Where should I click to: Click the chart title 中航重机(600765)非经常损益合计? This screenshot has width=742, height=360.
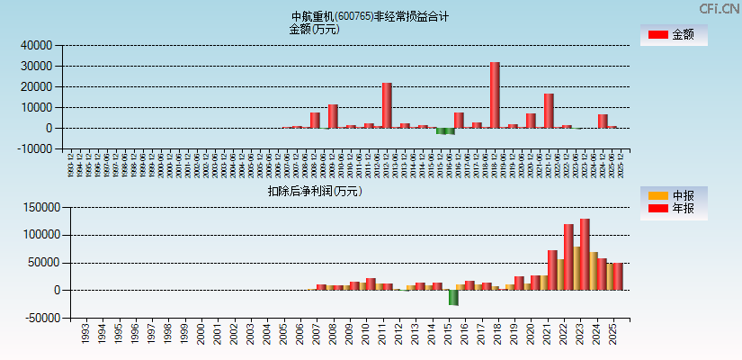tap(370, 16)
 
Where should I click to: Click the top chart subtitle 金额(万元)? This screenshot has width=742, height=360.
tap(314, 29)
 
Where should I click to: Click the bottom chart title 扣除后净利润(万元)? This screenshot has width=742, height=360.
tap(314, 191)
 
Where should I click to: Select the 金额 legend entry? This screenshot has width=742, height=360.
tap(674, 35)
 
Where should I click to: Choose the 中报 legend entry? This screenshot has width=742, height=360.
tap(674, 195)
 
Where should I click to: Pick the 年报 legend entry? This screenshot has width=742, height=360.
tap(674, 209)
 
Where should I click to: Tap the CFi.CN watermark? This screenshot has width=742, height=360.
tap(719, 8)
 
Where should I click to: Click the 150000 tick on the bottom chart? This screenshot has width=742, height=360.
tap(40, 207)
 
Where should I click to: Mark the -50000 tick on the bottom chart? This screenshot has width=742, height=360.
tap(40, 319)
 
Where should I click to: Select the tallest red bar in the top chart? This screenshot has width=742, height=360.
tap(495, 94)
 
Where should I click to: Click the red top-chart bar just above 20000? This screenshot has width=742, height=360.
tap(387, 105)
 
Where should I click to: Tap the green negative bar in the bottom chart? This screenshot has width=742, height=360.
tap(453, 297)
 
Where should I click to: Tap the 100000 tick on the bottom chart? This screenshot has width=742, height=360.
tap(40, 235)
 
